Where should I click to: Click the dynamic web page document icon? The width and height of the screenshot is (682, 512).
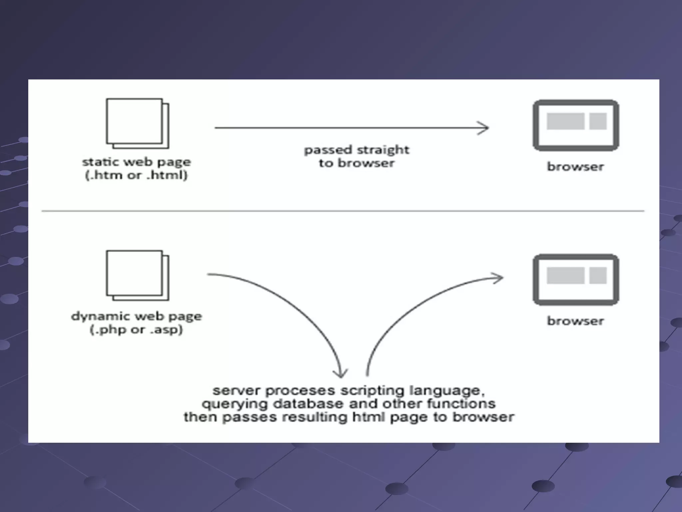[137, 275]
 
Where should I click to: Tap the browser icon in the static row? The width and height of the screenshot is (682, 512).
[576, 125]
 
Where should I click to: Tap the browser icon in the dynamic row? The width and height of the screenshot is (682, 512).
[576, 280]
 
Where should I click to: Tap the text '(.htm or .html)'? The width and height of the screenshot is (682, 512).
[137, 175]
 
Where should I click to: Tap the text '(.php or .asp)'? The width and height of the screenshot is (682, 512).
[137, 330]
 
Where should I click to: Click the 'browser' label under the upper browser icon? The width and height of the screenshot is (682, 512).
[575, 166]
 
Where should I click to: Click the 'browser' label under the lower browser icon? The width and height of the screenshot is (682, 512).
[575, 321]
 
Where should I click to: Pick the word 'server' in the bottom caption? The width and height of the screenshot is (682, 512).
[236, 390]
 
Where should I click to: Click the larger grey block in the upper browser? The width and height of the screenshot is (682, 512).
[565, 121]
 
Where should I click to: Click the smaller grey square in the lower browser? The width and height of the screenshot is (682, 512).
[598, 275]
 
